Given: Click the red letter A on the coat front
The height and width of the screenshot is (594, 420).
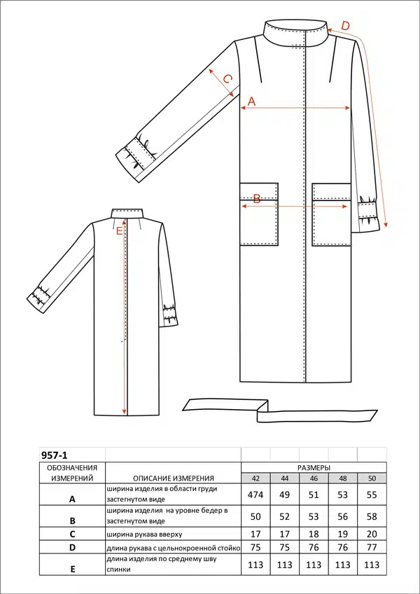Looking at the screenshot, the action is pos(252,101).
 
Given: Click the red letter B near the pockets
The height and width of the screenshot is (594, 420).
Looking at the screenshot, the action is pos(257,199).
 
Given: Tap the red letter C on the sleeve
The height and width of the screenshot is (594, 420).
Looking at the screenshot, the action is pos(227,79).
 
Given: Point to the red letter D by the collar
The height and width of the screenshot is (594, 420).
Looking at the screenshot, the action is pos(345,26).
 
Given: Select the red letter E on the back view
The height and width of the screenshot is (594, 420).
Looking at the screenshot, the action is pos(120,231).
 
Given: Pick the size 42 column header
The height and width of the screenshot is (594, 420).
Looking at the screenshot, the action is pos(255,478).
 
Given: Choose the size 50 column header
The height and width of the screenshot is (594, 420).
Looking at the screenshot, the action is pos(372,478).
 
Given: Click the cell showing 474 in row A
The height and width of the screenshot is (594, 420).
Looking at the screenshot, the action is pos(255,495).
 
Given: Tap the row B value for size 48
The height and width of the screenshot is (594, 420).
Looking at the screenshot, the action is pos(343,516).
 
